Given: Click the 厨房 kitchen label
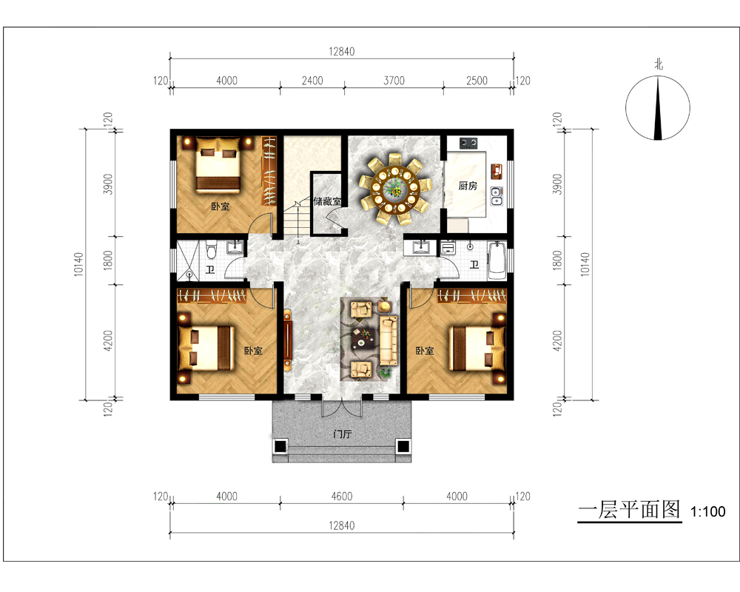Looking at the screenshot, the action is (468, 186).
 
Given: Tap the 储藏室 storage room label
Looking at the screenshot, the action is (327, 201).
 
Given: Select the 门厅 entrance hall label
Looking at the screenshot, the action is (342, 434).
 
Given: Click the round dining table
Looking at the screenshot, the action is (394, 189).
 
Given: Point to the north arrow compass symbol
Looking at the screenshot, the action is (657, 108).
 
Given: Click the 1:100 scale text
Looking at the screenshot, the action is (708, 511).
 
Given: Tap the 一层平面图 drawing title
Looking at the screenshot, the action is (630, 510).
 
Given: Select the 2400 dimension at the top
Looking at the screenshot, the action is (312, 81).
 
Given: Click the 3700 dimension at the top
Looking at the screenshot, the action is (394, 81).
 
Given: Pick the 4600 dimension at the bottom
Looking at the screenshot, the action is (342, 496).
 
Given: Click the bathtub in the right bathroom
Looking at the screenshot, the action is (497, 260).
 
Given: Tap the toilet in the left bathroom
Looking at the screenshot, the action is (211, 249).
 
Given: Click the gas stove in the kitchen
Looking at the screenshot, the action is (468, 142).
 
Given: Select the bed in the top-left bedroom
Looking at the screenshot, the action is (218, 164).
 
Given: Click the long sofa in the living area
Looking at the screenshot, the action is (388, 340).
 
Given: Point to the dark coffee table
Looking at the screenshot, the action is (364, 337).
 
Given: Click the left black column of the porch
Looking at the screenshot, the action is (280, 445).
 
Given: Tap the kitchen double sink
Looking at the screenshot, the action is (496, 196).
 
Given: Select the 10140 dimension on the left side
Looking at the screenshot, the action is (78, 264).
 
